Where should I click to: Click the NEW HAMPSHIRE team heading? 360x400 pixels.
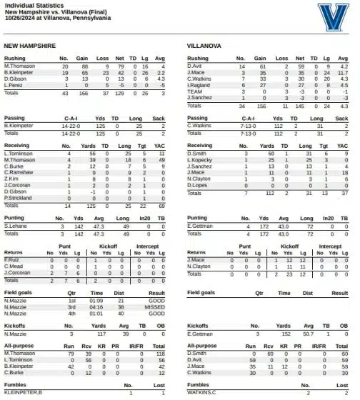coord(30,45)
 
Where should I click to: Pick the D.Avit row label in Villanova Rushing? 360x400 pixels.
coord(195,66)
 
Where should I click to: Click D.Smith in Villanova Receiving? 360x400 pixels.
coord(196,153)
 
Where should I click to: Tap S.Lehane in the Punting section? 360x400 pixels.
coord(16,226)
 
